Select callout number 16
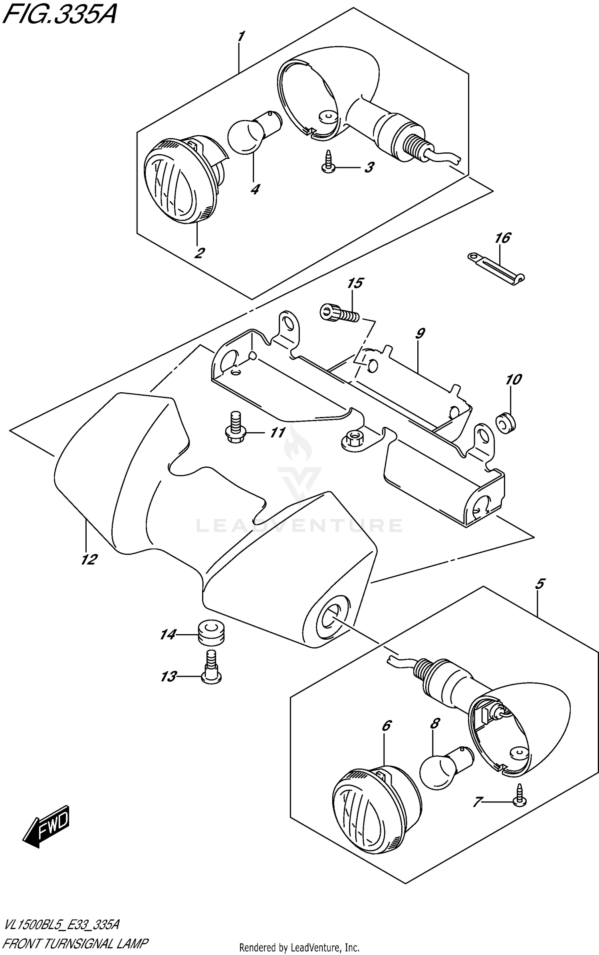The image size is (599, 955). [x=502, y=238]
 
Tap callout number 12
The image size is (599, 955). [x=89, y=560]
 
